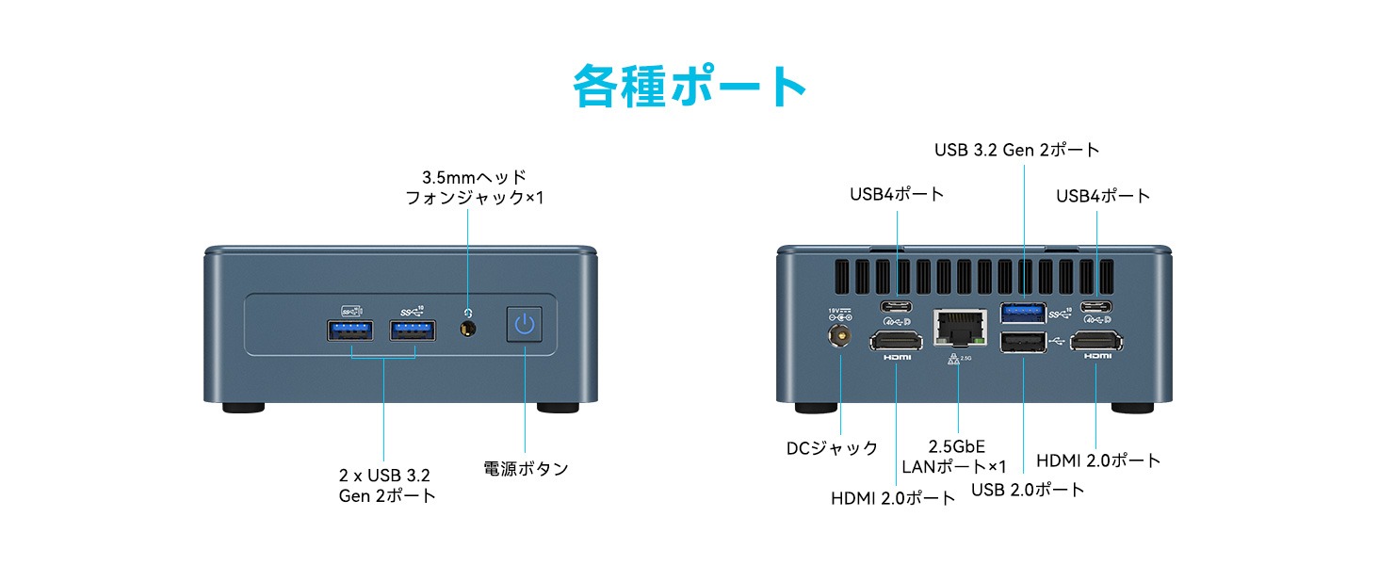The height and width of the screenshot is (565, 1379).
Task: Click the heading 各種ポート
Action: pos(689,87)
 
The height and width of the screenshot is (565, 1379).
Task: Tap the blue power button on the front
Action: pos(525,327)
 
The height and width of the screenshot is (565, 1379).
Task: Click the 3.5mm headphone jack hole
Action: pos(467,329)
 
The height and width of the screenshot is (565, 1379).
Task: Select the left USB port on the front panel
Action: pos(350,331)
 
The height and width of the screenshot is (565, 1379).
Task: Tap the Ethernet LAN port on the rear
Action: pos(959,328)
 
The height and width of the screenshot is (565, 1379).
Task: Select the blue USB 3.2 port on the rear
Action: pos(1022,311)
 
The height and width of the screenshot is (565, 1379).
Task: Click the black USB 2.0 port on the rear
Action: pos(1022,343)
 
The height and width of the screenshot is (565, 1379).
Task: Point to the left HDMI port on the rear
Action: pos(895,342)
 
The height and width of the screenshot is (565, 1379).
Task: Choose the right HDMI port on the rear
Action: pos(1097,342)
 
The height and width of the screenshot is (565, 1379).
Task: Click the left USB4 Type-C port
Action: pos(896,306)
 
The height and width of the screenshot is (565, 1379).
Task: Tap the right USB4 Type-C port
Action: pos(1097,306)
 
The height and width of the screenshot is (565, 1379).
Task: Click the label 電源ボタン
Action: pos(526,468)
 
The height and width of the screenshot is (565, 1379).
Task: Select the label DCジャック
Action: pos(832,448)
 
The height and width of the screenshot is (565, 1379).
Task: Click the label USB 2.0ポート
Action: pos(1028,490)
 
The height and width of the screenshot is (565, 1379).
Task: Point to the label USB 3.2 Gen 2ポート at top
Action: pos(1016,150)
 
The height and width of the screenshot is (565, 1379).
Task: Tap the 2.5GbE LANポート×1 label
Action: pos(954,457)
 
